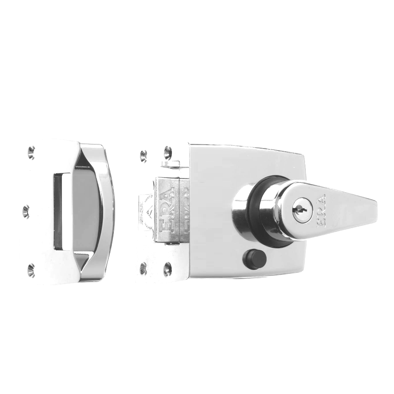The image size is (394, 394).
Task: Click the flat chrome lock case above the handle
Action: click(244, 162)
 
